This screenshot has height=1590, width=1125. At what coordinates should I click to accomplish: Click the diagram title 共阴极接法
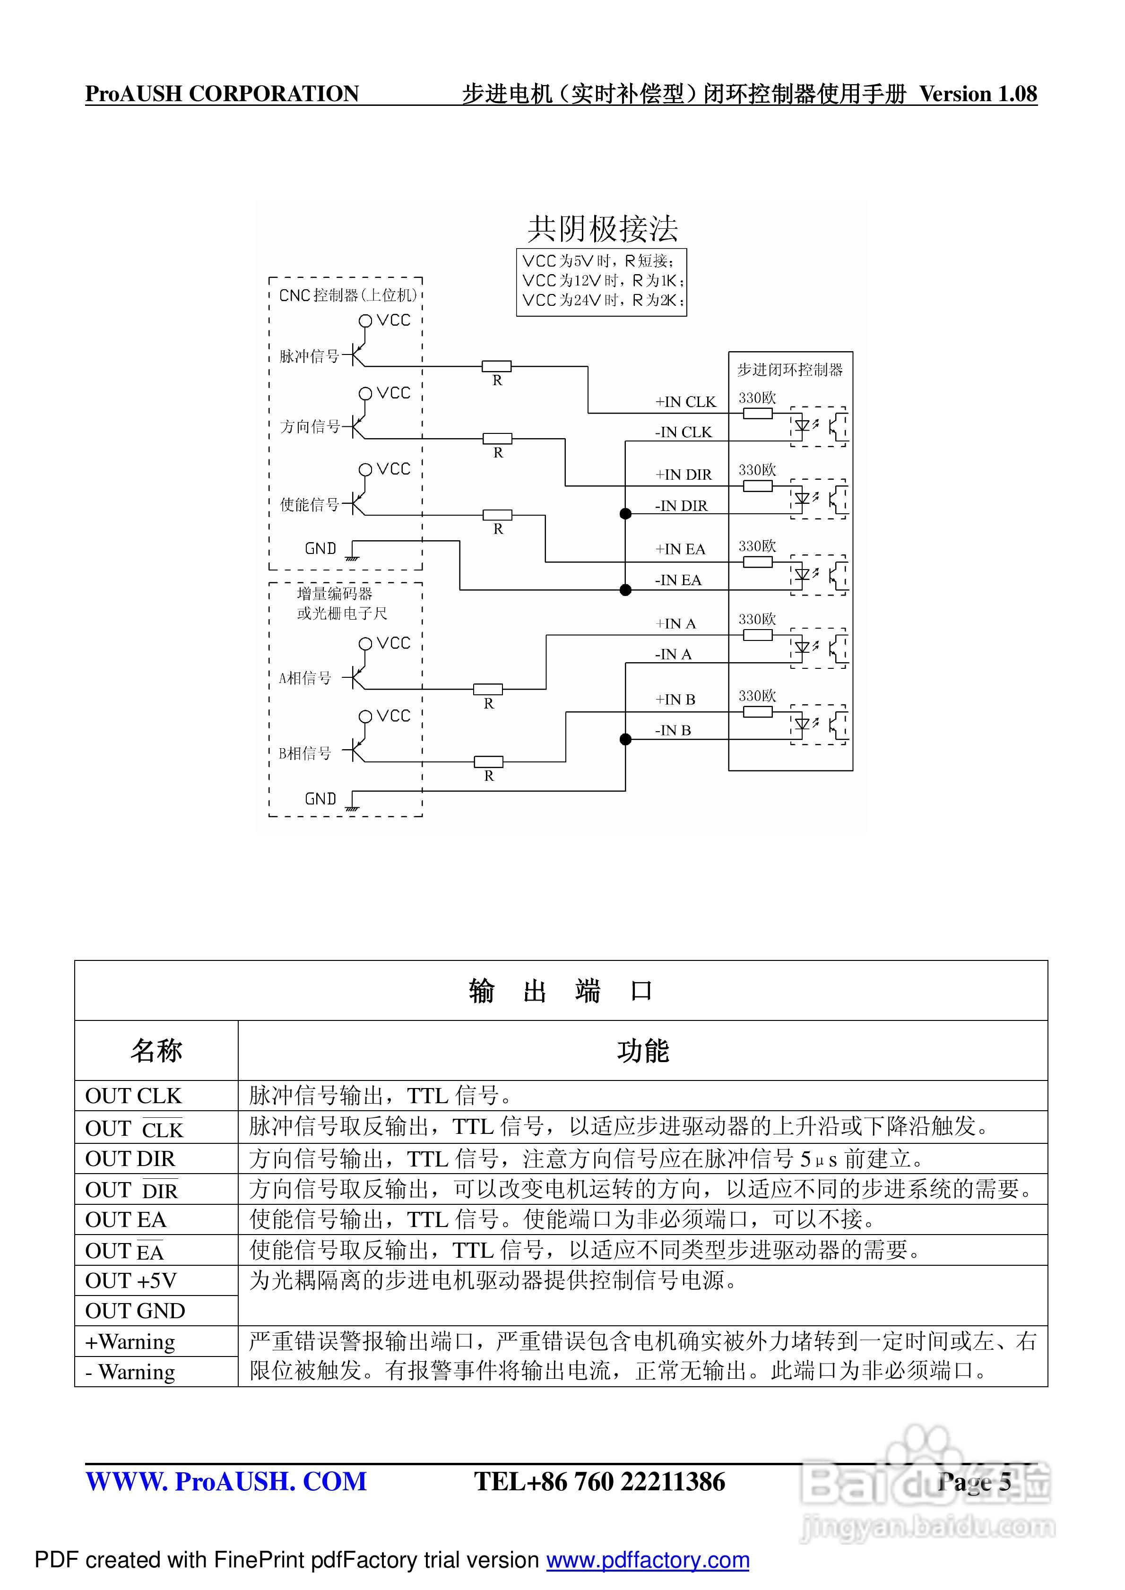click(602, 229)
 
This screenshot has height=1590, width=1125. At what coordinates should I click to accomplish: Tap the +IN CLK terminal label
click(685, 402)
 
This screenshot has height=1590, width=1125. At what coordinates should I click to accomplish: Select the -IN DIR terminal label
click(681, 506)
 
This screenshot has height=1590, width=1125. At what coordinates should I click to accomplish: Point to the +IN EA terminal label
click(680, 549)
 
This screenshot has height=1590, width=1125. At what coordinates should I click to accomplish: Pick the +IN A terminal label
click(675, 624)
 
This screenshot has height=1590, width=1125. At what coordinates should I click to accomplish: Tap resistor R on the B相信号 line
click(488, 762)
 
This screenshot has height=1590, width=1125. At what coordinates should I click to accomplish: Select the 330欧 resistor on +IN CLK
click(757, 414)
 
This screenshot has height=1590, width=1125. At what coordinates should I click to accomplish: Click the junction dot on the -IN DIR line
click(625, 514)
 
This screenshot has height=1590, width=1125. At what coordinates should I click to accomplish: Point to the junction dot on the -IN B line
click(625, 740)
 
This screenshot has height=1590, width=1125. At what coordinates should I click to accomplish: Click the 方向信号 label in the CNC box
click(310, 427)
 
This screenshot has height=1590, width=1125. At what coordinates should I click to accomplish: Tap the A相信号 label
click(305, 678)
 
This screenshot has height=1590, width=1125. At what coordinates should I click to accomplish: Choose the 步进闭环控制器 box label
click(790, 370)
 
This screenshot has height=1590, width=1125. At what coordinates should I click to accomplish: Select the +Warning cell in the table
click(130, 1342)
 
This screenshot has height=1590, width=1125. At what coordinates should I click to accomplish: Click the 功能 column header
click(642, 1051)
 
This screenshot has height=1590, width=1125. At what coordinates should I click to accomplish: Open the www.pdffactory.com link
click(647, 1560)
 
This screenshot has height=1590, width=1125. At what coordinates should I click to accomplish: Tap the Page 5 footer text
click(974, 1482)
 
